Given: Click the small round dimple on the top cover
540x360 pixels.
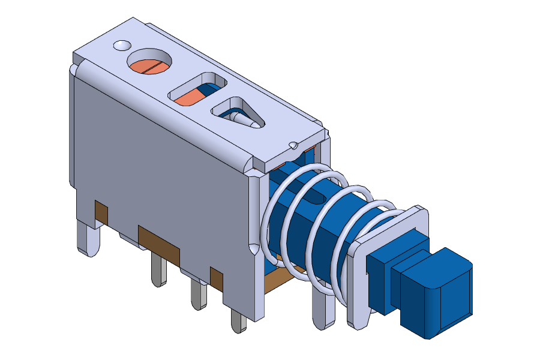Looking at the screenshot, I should click(121, 46).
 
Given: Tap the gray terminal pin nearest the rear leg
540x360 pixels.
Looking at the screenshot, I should click(158, 270).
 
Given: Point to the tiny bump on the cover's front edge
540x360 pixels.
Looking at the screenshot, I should click(293, 145).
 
